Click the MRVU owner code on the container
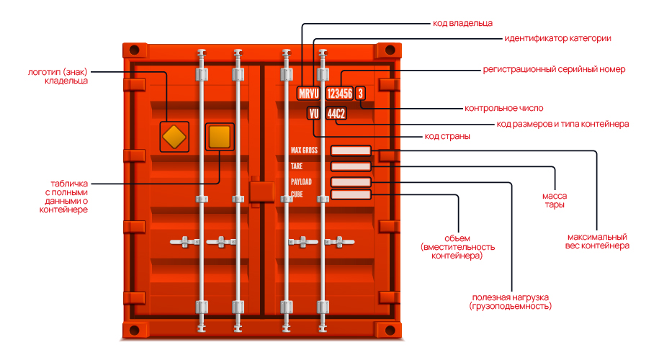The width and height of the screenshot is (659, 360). [308, 94]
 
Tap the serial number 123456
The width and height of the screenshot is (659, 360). [340, 94]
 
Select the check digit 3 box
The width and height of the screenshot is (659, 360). [360, 94]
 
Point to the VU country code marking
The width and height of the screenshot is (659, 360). [313, 114]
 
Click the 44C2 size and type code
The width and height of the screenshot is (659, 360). [336, 114]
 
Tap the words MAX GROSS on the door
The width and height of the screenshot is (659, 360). [304, 150]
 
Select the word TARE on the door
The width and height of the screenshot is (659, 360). [297, 166]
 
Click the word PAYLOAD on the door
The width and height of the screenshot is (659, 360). [301, 181]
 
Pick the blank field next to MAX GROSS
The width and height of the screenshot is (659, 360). [351, 150]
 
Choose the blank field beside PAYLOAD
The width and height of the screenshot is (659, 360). [351, 182]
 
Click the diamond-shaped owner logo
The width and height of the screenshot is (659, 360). [174, 137]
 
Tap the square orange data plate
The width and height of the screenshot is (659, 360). [220, 137]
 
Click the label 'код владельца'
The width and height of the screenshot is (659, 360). [462, 23]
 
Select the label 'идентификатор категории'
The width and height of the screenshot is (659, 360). [557, 38]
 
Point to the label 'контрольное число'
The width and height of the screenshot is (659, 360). [504, 109]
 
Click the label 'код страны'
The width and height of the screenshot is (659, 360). [447, 136]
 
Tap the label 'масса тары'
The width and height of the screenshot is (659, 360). [555, 200]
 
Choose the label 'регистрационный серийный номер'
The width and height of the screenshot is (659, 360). [554, 69]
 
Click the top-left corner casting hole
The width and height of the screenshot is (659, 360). [134, 50]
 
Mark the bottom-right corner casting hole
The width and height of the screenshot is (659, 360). [390, 330]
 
